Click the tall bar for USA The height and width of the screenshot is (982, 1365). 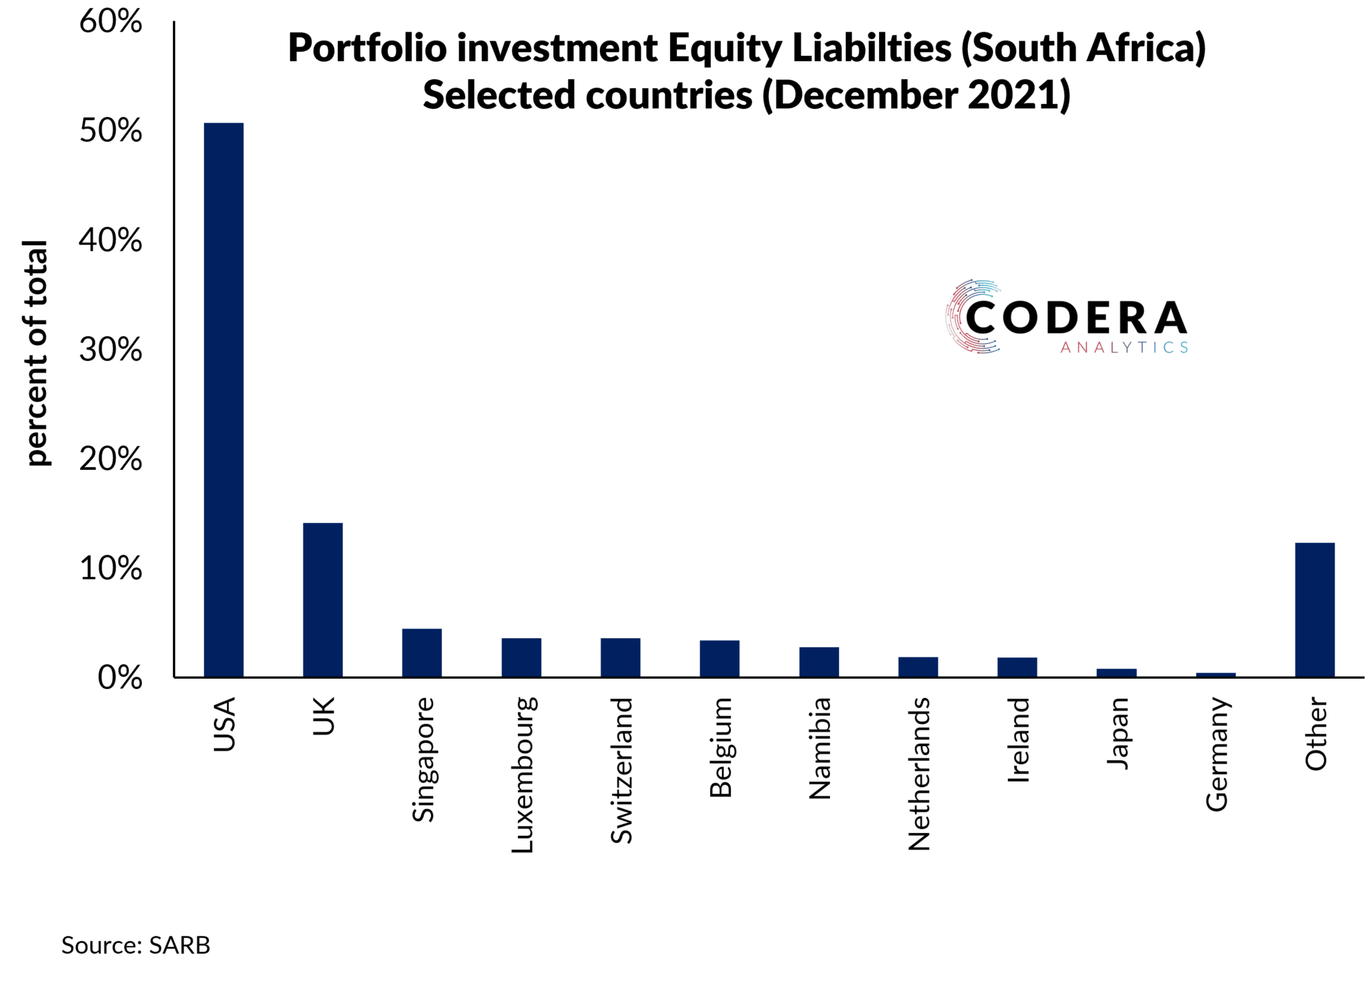(x=223, y=400)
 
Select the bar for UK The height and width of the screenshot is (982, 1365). (x=323, y=600)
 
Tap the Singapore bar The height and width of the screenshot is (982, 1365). (x=422, y=653)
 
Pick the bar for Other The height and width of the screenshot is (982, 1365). (x=1315, y=610)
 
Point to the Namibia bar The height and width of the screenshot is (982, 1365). (x=819, y=662)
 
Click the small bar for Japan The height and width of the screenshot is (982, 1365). (x=1116, y=673)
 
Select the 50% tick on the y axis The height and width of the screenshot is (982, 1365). (x=110, y=131)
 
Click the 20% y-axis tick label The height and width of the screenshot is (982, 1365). (x=110, y=459)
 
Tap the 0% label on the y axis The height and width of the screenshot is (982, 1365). (x=119, y=678)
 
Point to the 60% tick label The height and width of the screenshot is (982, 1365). (x=110, y=21)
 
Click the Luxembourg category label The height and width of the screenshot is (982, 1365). (x=523, y=775)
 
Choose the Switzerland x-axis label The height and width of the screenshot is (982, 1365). (x=622, y=770)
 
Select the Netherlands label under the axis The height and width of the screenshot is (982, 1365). (x=919, y=774)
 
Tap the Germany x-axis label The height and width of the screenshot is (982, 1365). (x=1217, y=755)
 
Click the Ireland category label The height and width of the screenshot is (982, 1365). (x=1018, y=740)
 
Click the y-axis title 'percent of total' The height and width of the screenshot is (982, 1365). (x=36, y=353)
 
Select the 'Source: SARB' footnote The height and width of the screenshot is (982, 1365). (x=136, y=945)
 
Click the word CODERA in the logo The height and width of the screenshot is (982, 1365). (x=1075, y=318)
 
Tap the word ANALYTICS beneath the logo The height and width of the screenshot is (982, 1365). (x=1124, y=348)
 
